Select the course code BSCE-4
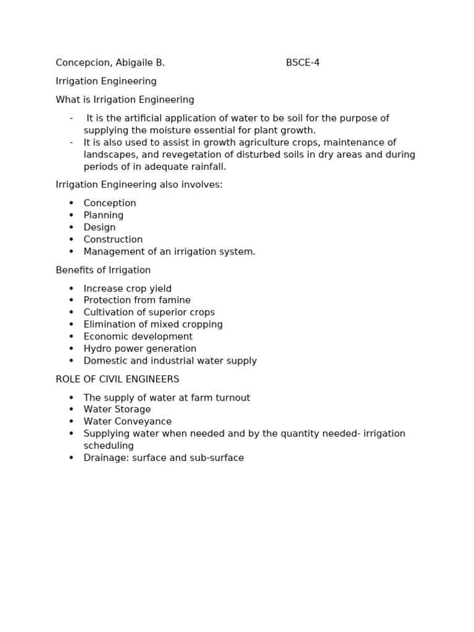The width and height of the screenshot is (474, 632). [302, 63]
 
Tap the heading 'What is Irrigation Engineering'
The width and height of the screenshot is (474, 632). [125, 100]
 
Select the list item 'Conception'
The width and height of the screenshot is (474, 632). [110, 204]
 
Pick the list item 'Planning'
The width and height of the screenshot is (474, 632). [104, 215]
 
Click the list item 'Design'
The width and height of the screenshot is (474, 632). [99, 228]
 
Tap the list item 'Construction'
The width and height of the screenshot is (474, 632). [113, 239]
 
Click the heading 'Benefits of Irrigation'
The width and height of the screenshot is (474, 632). [103, 270]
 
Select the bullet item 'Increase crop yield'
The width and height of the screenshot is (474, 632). [128, 289]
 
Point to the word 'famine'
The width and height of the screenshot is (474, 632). [175, 301]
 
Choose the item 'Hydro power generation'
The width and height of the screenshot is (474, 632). [140, 349]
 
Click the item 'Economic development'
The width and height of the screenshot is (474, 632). [138, 337]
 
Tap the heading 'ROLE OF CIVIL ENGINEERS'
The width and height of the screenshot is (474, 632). [117, 380]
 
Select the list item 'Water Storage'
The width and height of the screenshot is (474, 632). [117, 410]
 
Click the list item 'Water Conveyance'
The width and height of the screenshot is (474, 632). [128, 422]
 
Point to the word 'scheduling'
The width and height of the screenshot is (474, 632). [109, 446]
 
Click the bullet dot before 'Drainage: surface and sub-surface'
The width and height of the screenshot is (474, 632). [71, 458]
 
